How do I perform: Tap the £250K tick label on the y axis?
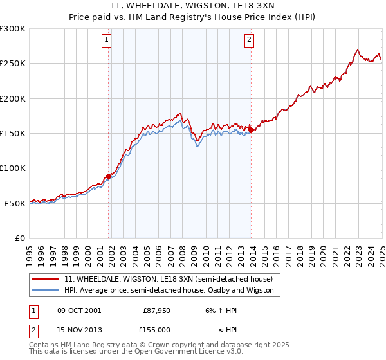(x=13, y=64)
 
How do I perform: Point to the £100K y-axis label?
(x=13, y=168)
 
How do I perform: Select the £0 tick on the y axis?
(x=19, y=238)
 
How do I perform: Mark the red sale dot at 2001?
(x=108, y=176)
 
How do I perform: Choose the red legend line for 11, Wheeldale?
(x=46, y=279)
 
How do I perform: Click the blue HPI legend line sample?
(x=46, y=290)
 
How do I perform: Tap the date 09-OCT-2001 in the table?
(x=79, y=310)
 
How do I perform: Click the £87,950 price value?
(x=156, y=310)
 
